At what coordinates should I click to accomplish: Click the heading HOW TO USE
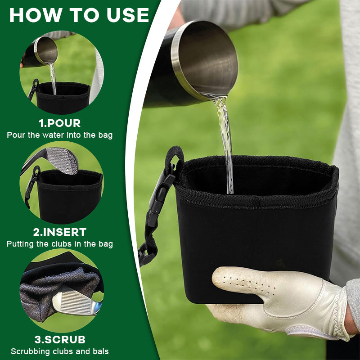[79, 15]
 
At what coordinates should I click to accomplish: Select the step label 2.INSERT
[60, 232]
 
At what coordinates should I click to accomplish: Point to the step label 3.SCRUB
[59, 340]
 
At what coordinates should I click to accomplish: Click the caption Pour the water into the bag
[60, 135]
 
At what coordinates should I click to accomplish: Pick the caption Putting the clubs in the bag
[60, 244]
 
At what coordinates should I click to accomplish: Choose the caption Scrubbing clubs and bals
[60, 351]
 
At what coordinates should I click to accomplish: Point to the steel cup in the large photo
[198, 63]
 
